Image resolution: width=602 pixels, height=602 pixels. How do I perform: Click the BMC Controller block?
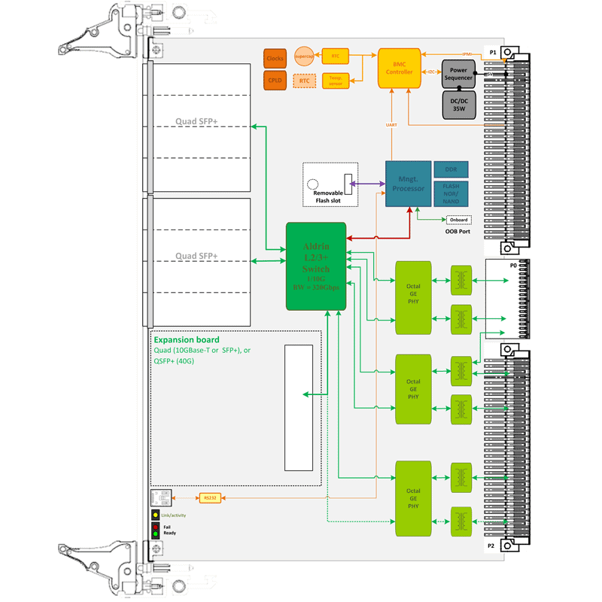[x=400, y=68]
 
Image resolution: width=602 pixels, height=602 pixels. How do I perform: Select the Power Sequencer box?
[x=458, y=73]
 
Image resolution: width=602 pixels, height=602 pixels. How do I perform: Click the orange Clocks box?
[x=275, y=58]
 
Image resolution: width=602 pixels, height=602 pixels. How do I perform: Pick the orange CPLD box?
[x=275, y=80]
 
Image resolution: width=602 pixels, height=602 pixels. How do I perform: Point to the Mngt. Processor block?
[x=409, y=184]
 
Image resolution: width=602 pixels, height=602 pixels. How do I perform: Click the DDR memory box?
[x=451, y=170]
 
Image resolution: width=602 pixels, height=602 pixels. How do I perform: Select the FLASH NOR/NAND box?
[x=451, y=194]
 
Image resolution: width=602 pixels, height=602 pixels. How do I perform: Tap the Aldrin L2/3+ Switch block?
[x=316, y=266]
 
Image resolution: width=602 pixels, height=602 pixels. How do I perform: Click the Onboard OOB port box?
[x=458, y=220]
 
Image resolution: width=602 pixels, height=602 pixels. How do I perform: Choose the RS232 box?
[x=210, y=497]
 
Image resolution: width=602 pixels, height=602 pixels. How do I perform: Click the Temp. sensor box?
[x=335, y=80]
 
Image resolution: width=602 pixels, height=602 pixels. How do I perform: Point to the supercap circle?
[x=304, y=56]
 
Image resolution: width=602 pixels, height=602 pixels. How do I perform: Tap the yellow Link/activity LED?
[x=156, y=515]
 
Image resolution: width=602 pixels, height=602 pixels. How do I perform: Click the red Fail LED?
[x=156, y=526]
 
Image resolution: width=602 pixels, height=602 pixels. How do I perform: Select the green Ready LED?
[x=156, y=534]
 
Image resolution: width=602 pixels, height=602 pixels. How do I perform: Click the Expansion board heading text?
[x=187, y=340]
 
